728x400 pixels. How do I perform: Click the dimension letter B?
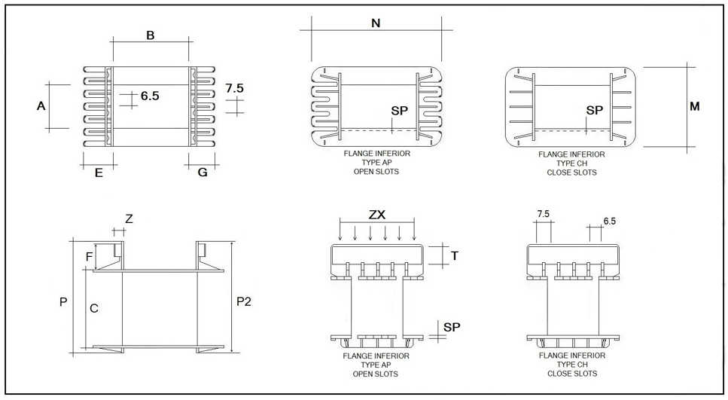150,35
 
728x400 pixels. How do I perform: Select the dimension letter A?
41,106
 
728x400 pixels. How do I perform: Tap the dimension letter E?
99,173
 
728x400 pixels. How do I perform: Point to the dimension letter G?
203,173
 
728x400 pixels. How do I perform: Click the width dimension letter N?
376,23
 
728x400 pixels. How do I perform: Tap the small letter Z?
129,219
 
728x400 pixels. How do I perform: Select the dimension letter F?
90,257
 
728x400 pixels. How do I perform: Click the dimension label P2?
244,301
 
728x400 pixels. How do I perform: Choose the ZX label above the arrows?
377,214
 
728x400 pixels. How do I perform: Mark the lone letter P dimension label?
63,302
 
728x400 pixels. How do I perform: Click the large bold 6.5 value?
150,96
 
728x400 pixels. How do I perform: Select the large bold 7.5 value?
235,88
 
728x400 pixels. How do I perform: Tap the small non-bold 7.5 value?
543,215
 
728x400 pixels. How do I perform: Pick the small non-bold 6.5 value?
610,221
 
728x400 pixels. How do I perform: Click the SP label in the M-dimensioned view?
595,110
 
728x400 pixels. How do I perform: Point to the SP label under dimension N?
400,110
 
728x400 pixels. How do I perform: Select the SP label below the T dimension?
452,326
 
